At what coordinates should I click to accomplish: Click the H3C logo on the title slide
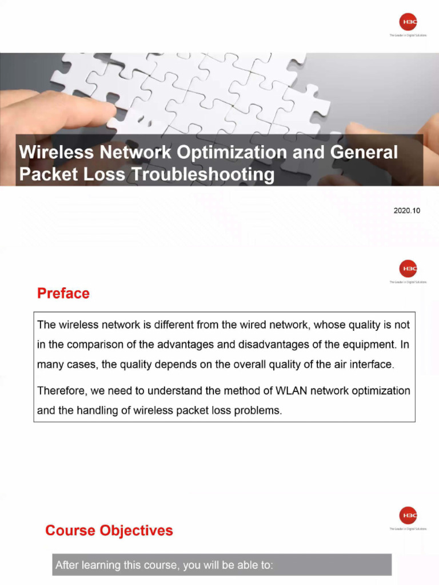click(x=408, y=22)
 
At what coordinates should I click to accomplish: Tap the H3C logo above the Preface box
click(x=408, y=268)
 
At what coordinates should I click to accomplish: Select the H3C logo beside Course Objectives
click(x=408, y=515)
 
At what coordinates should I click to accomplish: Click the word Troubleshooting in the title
click(x=203, y=174)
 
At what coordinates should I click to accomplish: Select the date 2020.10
click(x=406, y=211)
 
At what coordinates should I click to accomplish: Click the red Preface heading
click(x=63, y=294)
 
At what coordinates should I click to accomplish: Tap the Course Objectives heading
click(x=109, y=531)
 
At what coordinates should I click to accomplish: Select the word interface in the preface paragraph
click(x=373, y=364)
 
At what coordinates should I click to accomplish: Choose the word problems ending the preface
click(x=262, y=410)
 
